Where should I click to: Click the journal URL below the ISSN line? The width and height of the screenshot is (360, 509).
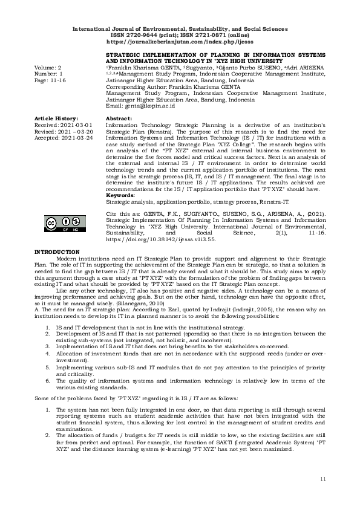pyautogui.click(x=180, y=44)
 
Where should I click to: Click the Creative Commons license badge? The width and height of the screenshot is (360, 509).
pyautogui.click(x=61, y=224)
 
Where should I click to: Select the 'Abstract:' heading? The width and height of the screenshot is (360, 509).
pyautogui.click(x=119, y=118)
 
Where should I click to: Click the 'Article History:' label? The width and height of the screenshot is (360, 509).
pyautogui.click(x=56, y=118)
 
